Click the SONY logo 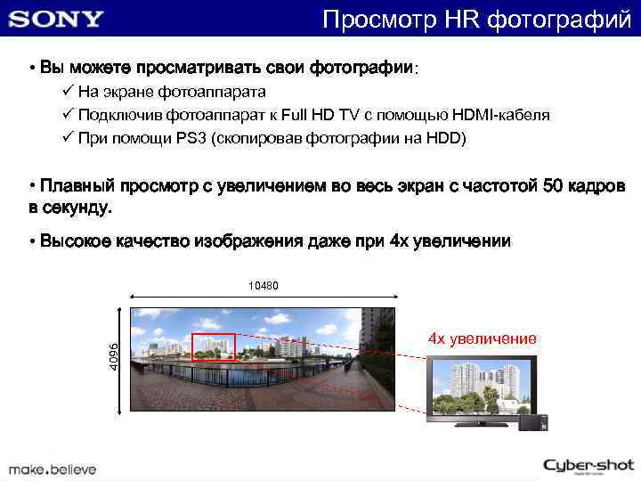57,19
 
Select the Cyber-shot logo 588,465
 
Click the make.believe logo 53,468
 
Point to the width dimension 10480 263,286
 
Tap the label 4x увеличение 482,338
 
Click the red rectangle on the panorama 214,346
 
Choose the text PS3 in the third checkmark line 189,138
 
